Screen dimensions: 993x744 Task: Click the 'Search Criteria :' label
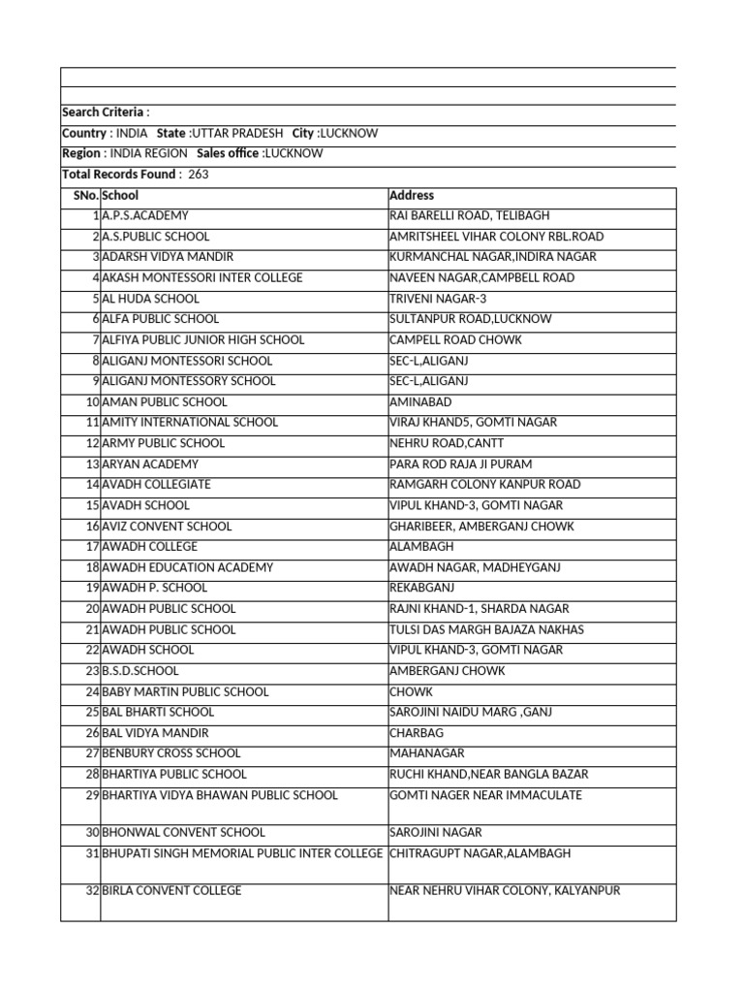point(106,112)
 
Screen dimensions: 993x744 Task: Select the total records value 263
point(199,175)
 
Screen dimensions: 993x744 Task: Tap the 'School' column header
point(120,196)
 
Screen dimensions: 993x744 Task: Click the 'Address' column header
point(412,196)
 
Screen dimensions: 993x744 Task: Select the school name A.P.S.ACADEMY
point(145,216)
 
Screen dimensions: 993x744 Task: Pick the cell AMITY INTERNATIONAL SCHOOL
point(190,423)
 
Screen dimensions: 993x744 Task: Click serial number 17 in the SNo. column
point(92,547)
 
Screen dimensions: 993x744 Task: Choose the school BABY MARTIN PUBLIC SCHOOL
point(185,692)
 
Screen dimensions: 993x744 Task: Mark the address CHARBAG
point(413,733)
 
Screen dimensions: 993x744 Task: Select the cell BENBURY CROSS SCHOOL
point(171,753)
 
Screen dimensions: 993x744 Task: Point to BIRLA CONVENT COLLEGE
point(171,891)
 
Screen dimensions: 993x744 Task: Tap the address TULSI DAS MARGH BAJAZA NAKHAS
point(486,630)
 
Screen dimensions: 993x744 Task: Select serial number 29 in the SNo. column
point(92,795)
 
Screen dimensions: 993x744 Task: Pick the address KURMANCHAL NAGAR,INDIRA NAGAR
point(492,257)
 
